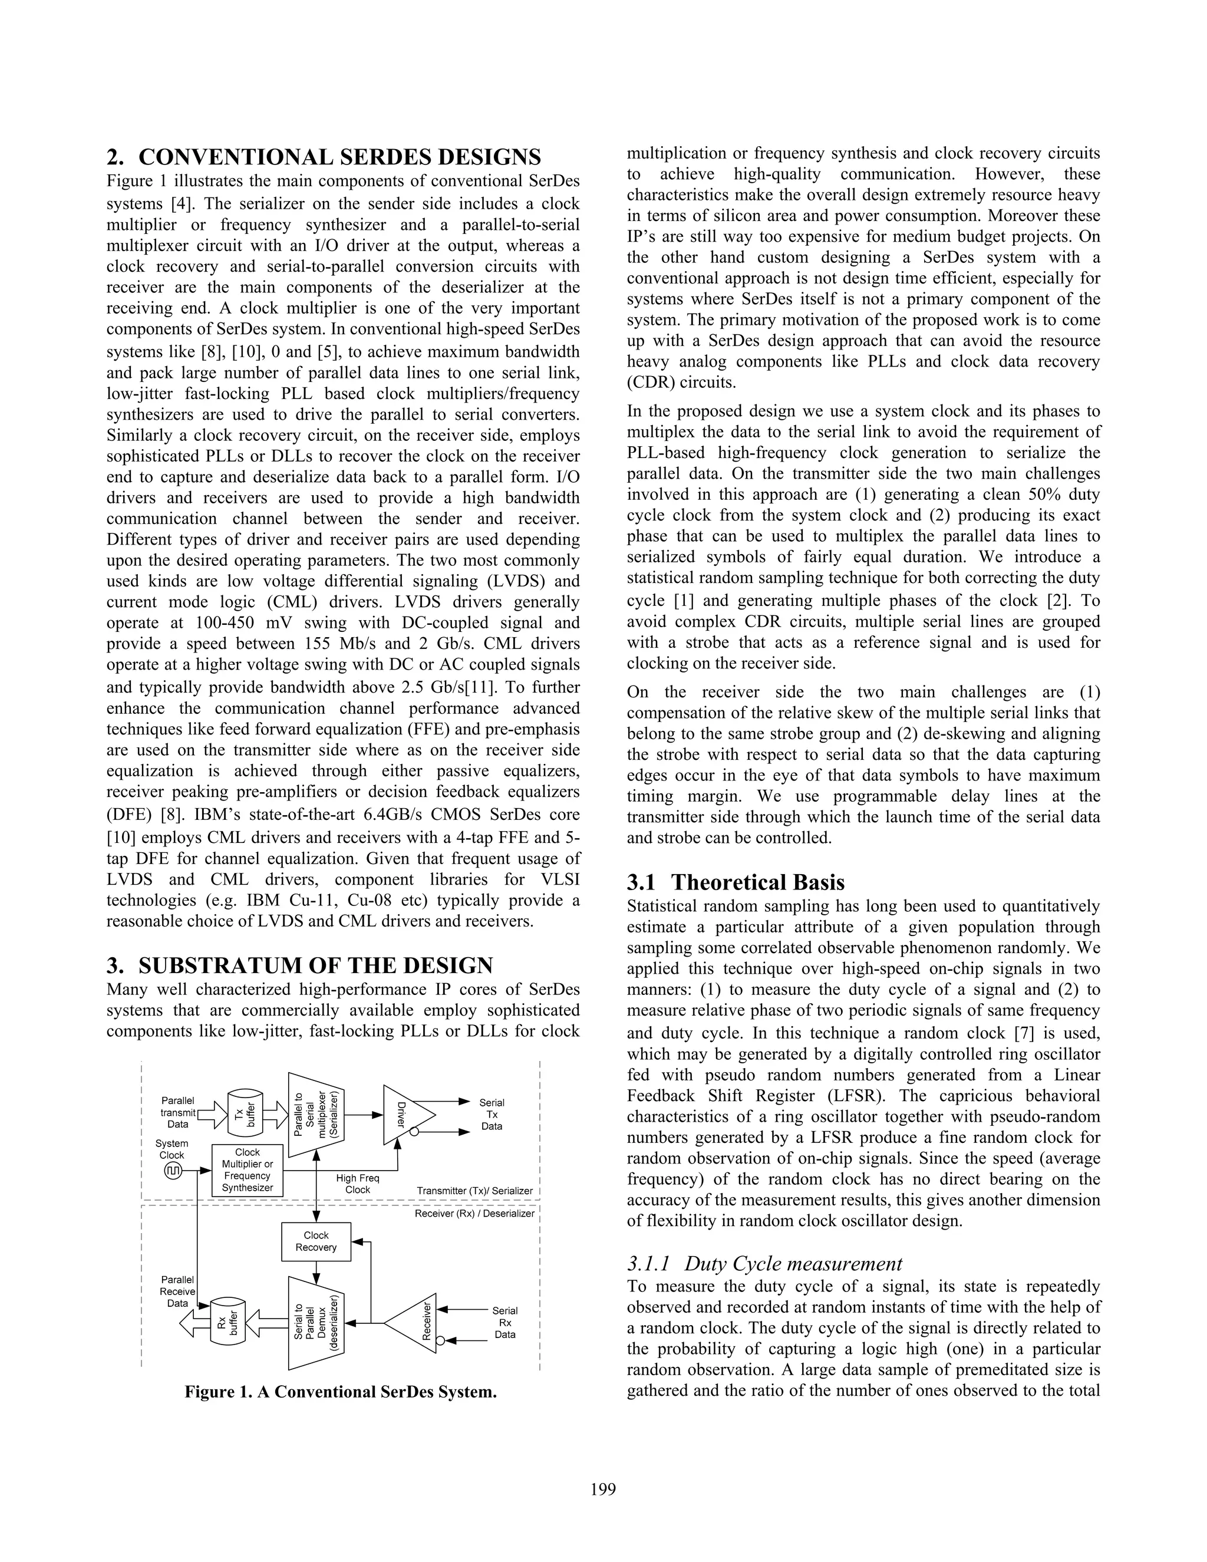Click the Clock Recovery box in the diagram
[x=315, y=1241]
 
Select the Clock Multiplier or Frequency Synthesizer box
[x=248, y=1170]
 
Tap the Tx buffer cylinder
[x=245, y=1113]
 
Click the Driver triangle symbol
[x=406, y=1114]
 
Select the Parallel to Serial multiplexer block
[x=316, y=1114]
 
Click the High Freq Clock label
[x=358, y=1184]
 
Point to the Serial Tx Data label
[x=492, y=1114]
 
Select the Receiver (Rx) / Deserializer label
[x=474, y=1214]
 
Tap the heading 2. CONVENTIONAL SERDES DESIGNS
[x=324, y=157]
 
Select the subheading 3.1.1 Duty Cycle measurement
[x=764, y=1264]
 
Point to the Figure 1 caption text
[x=341, y=1392]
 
